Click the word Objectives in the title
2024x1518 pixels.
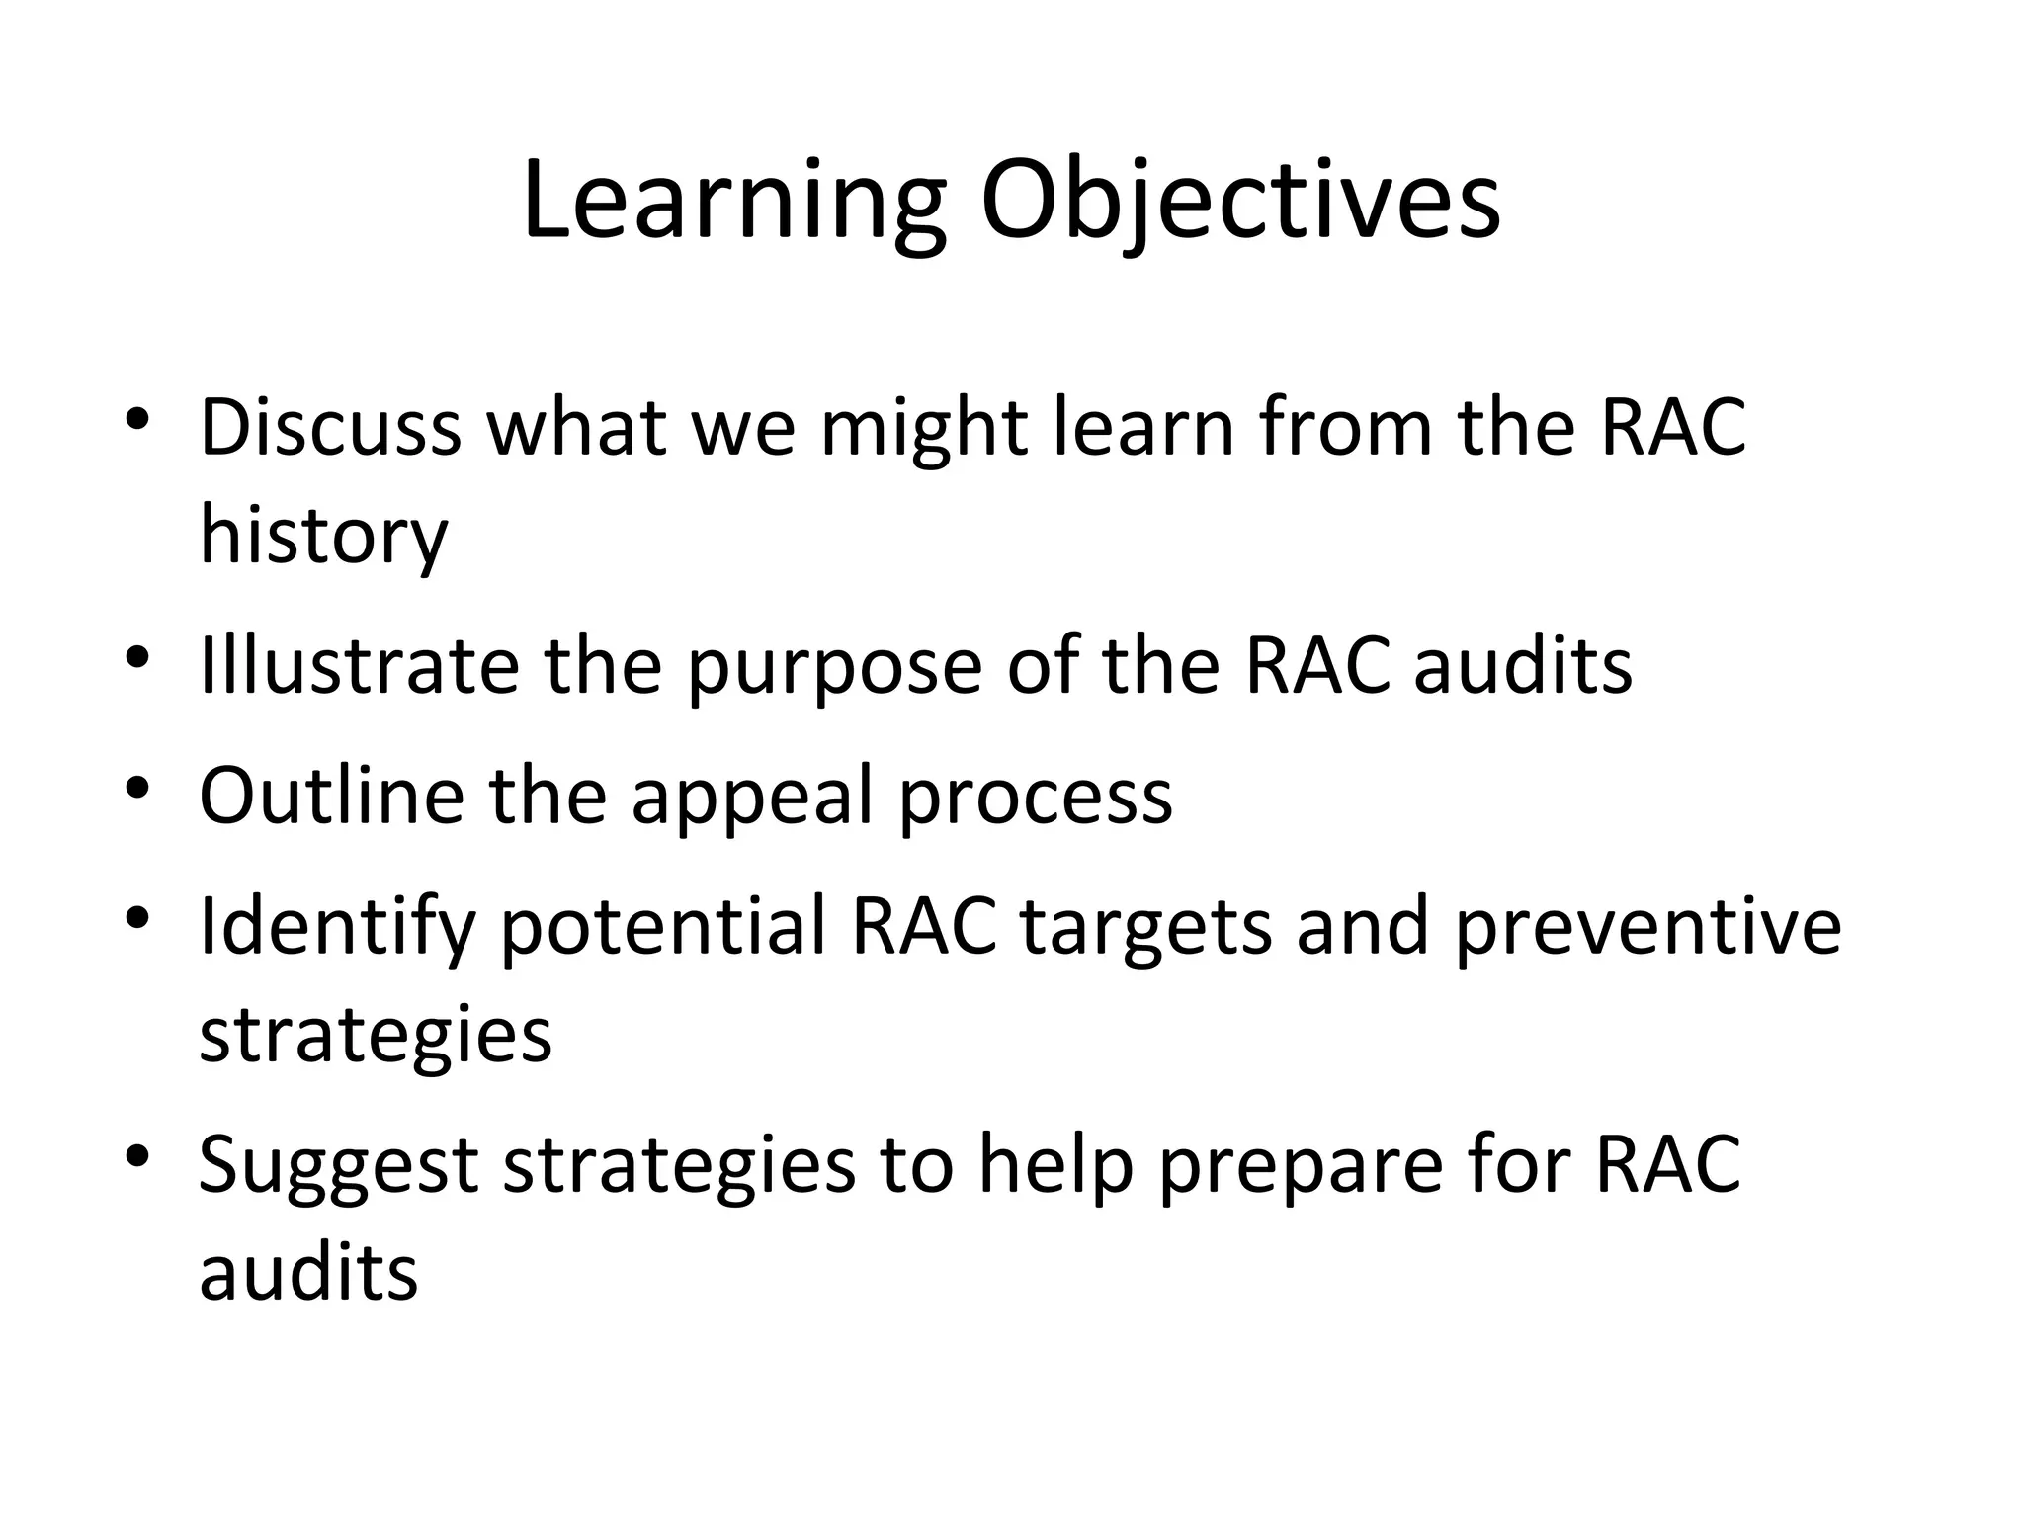point(1240,204)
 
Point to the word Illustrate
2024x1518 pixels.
point(359,666)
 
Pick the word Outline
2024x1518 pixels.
point(331,796)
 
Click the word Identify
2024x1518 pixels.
point(337,928)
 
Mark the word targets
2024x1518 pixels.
point(1144,928)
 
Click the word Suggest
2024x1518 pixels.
point(338,1167)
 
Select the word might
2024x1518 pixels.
point(923,430)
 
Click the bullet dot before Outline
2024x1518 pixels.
point(137,788)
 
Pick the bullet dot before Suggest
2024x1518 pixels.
point(137,1154)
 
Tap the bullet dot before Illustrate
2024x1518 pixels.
point(137,657)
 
